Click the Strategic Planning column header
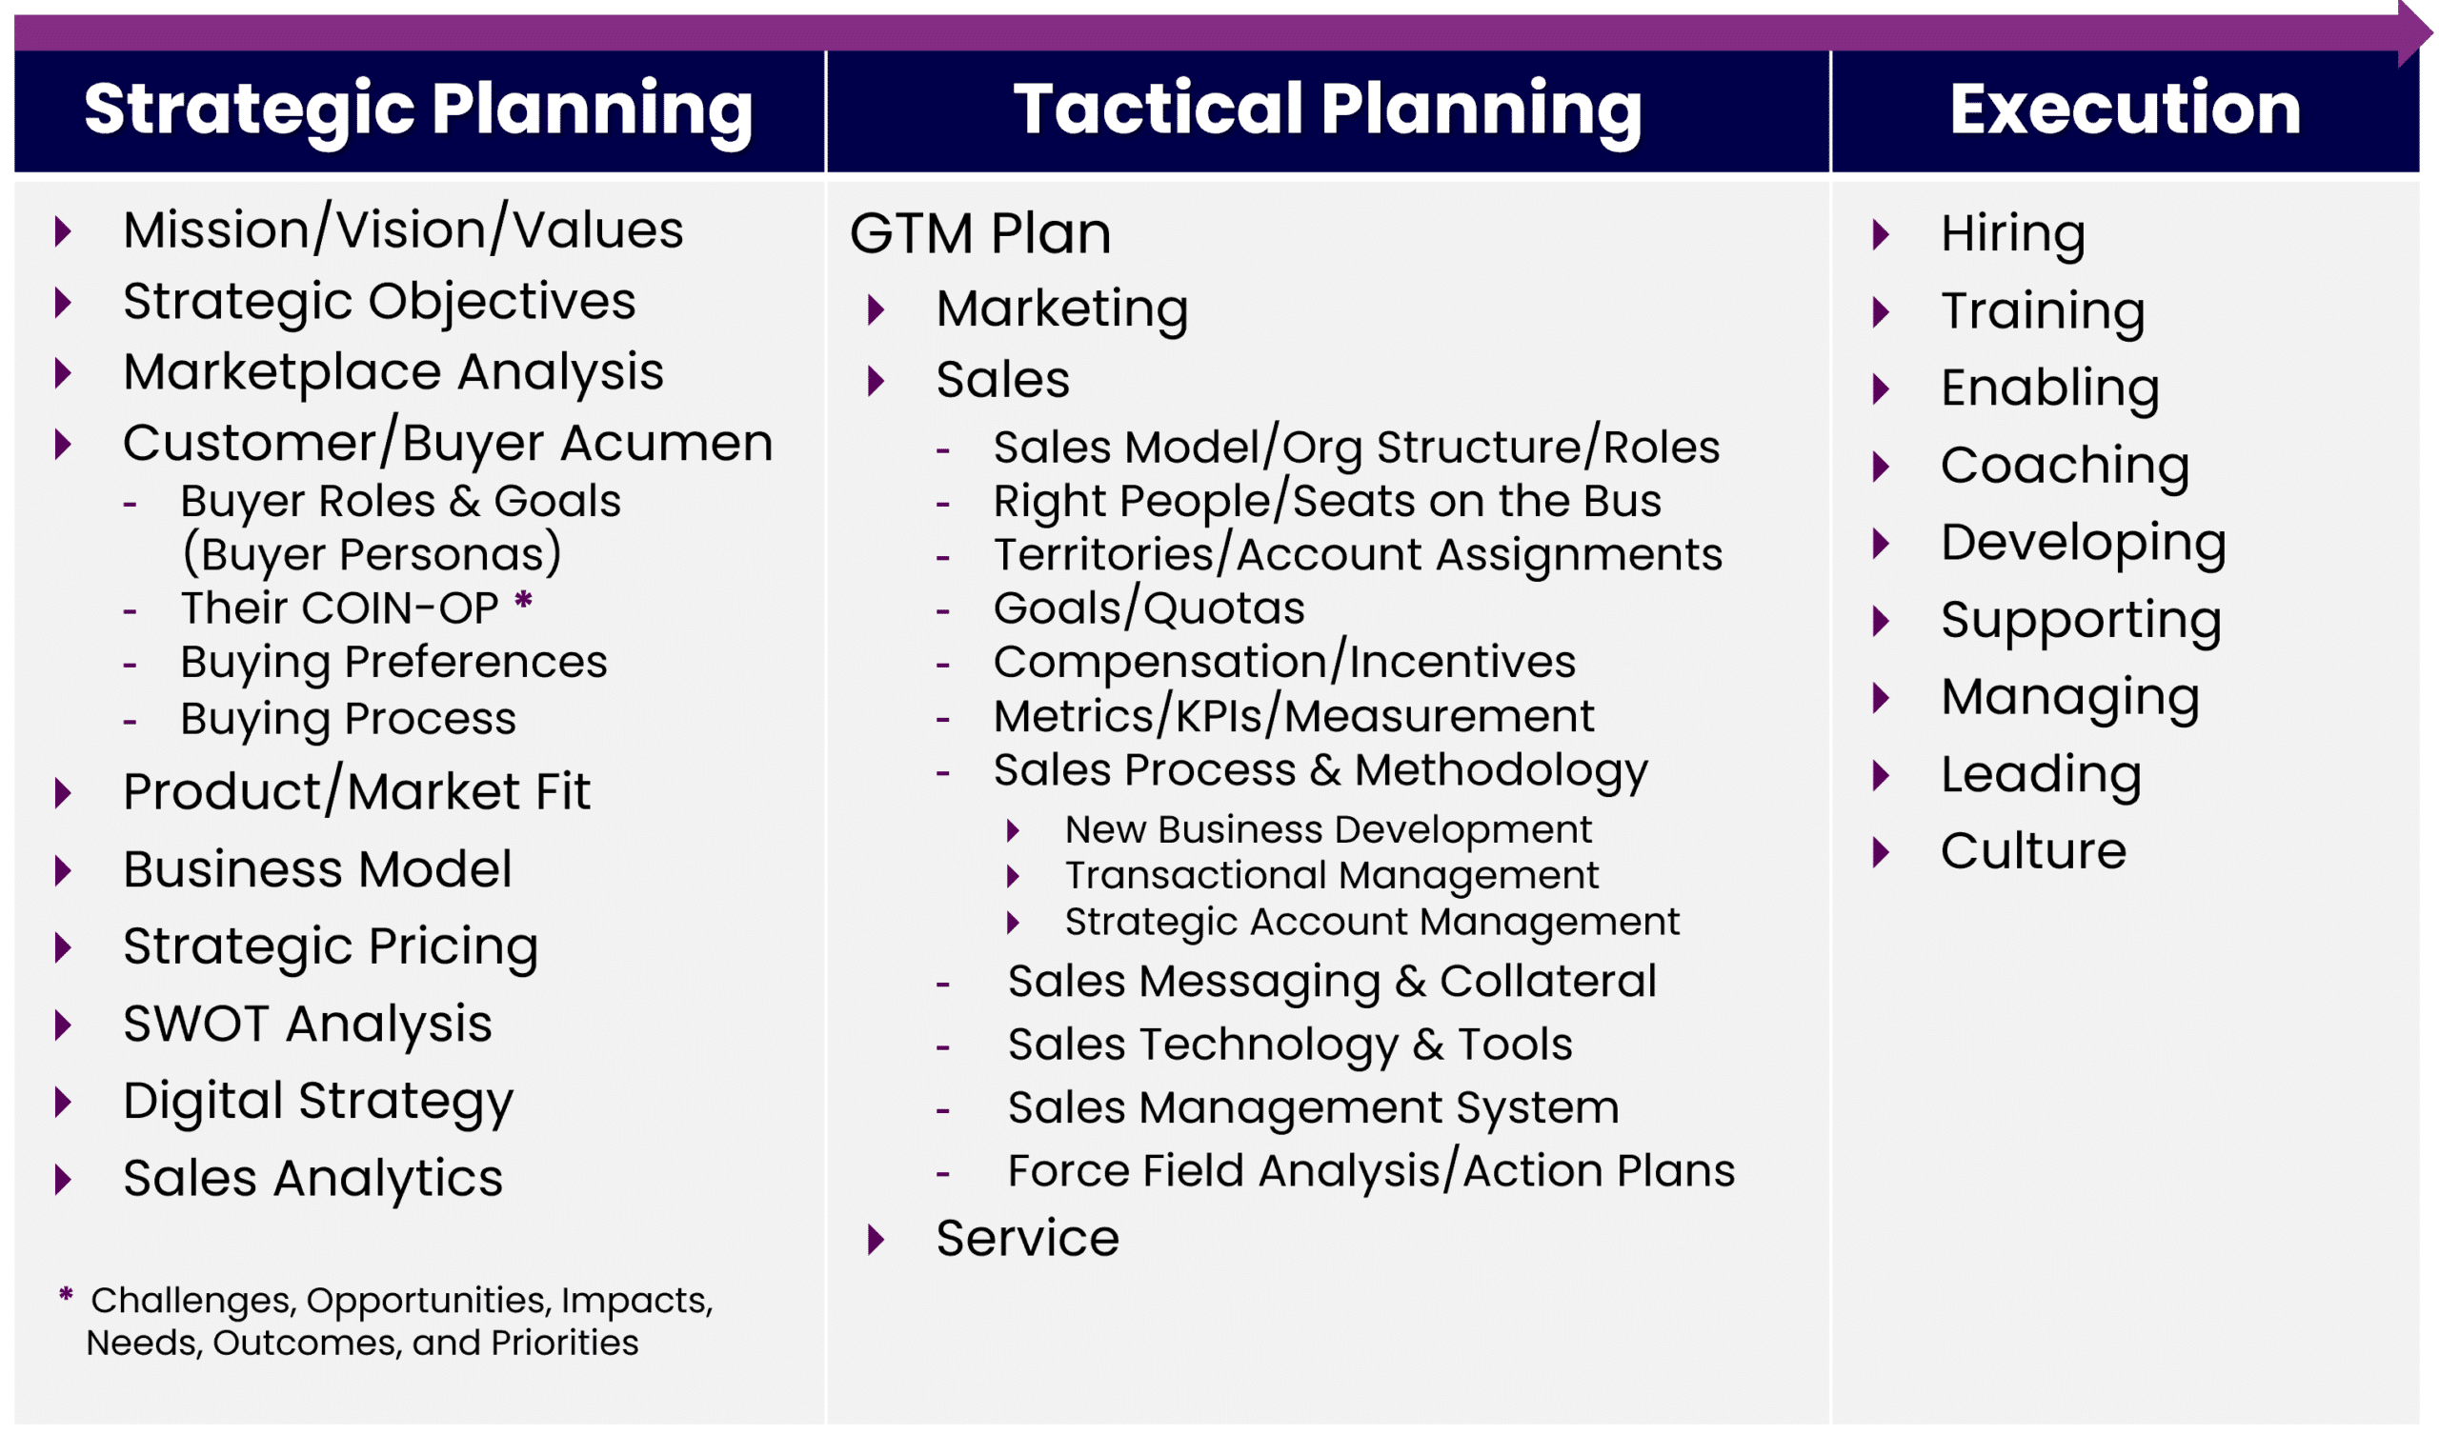click(418, 110)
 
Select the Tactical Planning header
click(1328, 110)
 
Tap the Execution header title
click(2126, 109)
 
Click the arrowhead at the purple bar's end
click(2416, 34)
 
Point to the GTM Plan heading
click(980, 233)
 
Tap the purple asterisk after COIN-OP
click(524, 600)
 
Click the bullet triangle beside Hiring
click(1882, 234)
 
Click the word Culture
click(2033, 852)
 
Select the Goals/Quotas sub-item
click(1149, 608)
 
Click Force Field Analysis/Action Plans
click(1371, 1172)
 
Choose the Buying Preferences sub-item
click(393, 664)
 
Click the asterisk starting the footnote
click(66, 1295)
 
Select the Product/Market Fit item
click(356, 791)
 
